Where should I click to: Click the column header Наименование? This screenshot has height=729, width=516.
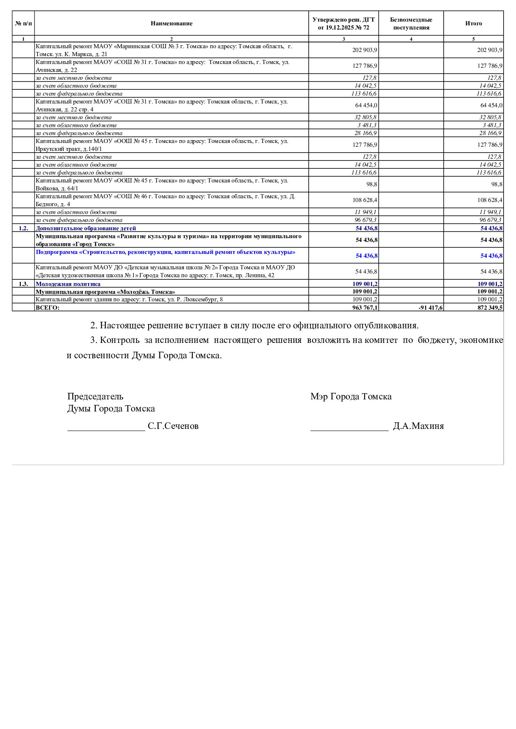point(171,24)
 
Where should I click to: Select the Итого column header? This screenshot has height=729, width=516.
point(474,24)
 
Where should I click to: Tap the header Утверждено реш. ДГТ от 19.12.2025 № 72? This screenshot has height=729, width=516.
point(343,24)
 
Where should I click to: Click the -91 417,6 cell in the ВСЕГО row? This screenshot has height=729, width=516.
point(431,308)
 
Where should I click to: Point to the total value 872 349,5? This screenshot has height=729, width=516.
point(490,308)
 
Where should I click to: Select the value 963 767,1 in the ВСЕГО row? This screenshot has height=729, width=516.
point(364,308)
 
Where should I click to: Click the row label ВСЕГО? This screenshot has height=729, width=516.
point(47,308)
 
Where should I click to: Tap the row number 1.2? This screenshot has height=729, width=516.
point(23,228)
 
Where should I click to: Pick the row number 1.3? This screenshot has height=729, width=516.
point(23,284)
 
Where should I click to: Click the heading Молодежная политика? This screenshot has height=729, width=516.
point(68,284)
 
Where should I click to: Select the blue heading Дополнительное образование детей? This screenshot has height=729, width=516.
point(86,228)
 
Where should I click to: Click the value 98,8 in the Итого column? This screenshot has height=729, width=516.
point(496,184)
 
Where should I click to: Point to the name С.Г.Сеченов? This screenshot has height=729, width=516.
point(173,426)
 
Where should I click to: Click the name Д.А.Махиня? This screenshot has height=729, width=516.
point(418,426)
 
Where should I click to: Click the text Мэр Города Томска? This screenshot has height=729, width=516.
point(351,397)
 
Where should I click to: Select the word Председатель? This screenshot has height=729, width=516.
point(95,397)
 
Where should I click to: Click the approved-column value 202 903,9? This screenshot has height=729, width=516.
point(365,50)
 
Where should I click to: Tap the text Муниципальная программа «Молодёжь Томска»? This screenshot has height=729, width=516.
point(105,292)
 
